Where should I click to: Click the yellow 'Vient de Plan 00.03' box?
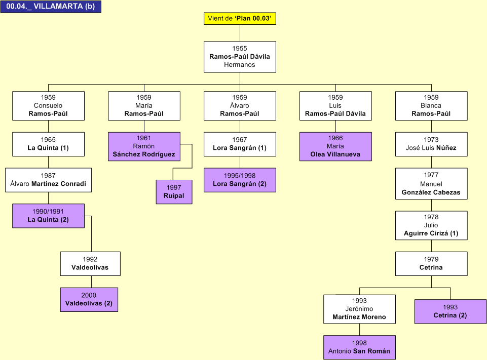pyautogui.click(x=240, y=19)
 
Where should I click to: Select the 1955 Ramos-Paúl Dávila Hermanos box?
pyautogui.click(x=240, y=57)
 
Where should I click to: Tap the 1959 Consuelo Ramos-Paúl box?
pyautogui.click(x=48, y=106)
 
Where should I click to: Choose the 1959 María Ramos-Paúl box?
pyautogui.click(x=144, y=106)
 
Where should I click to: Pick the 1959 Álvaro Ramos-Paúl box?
pyautogui.click(x=240, y=106)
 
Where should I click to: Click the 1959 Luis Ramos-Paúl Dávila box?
pyautogui.click(x=335, y=106)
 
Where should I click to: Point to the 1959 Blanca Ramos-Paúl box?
pyautogui.click(x=431, y=106)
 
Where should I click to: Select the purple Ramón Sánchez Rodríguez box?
pyautogui.click(x=144, y=146)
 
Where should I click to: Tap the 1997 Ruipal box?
pyautogui.click(x=174, y=192)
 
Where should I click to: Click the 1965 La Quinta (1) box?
pyautogui.click(x=48, y=144)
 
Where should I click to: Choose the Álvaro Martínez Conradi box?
pyautogui.click(x=48, y=180)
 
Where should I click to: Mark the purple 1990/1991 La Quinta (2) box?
pyautogui.click(x=48, y=216)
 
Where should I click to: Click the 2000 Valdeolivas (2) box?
pyautogui.click(x=89, y=299)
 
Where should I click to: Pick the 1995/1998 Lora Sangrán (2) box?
pyautogui.click(x=240, y=180)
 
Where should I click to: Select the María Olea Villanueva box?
pyautogui.click(x=335, y=146)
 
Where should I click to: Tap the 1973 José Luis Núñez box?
pyautogui.click(x=431, y=144)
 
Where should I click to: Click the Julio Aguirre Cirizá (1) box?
pyautogui.click(x=431, y=225)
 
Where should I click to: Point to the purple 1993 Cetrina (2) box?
pyautogui.click(x=450, y=311)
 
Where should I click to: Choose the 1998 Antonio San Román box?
pyautogui.click(x=359, y=347)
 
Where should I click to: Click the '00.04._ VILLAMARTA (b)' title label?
pyautogui.click(x=51, y=7)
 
